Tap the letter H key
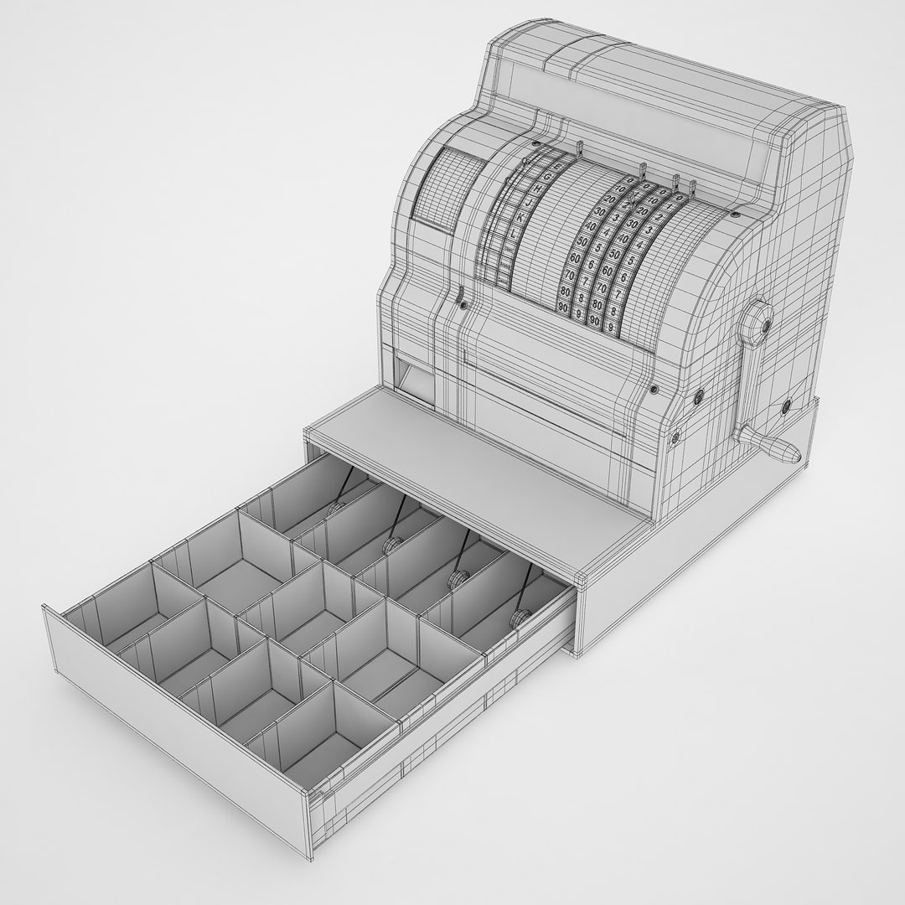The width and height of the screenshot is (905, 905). click(x=537, y=189)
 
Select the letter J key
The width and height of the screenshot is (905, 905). click(x=528, y=203)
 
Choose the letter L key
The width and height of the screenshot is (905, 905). click(x=513, y=235)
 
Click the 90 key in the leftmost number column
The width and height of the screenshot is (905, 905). click(x=564, y=308)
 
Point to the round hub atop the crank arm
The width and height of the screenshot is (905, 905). click(x=759, y=319)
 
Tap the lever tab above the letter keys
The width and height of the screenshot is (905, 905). click(x=580, y=148)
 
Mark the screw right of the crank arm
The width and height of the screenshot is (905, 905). click(x=787, y=406)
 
